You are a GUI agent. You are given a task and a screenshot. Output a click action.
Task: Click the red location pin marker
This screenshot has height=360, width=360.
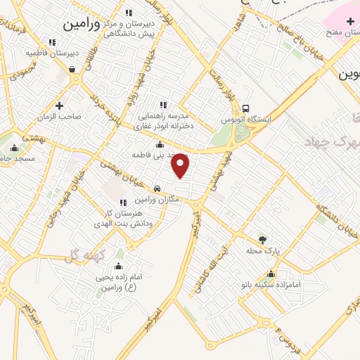point(181,165)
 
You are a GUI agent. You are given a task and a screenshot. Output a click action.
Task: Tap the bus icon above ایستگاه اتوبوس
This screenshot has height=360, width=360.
point(245,108)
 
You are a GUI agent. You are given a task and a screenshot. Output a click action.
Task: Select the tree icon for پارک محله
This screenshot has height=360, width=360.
point(263,239)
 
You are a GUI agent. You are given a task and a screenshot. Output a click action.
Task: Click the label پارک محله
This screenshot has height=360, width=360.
point(263,250)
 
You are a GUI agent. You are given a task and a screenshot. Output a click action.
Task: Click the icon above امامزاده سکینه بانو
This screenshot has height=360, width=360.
point(271,274)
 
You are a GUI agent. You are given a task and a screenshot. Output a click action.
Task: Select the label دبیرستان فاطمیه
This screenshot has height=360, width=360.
point(53,53)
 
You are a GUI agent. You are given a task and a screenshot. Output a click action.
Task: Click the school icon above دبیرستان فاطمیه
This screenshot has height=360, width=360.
point(53,41)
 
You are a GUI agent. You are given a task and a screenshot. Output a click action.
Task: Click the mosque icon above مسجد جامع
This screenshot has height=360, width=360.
point(15,148)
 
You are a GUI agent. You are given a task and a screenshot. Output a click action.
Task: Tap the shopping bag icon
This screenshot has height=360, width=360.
point(72,70)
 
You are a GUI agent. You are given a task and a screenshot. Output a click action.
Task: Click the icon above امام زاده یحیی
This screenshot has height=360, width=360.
point(117,266)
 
